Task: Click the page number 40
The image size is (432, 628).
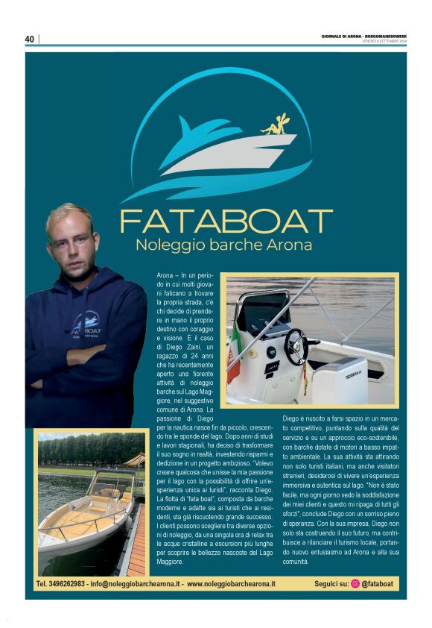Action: [x=30, y=39]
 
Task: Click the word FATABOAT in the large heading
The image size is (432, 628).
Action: [x=226, y=222]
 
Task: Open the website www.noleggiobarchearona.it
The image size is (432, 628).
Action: [x=231, y=583]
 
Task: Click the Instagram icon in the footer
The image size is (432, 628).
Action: [x=355, y=583]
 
